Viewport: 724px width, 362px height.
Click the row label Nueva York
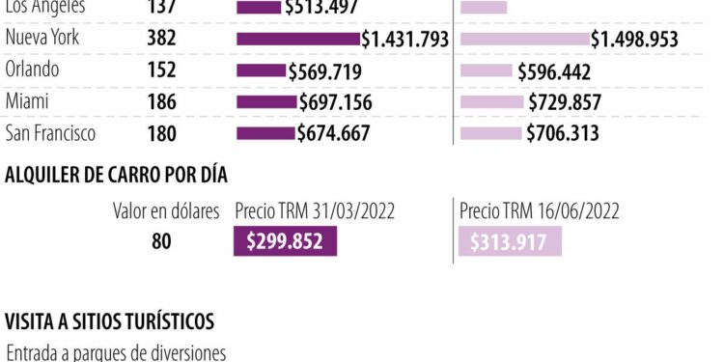42,39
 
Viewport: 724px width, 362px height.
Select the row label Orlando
32,70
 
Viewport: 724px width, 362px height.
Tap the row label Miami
27,101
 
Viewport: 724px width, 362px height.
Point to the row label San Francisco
50,133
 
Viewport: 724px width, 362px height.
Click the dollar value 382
161,40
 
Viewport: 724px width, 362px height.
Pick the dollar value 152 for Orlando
161,70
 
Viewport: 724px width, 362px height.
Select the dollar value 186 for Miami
161,102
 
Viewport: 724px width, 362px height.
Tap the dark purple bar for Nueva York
297,40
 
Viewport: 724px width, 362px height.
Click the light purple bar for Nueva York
524,40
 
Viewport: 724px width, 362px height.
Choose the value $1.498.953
634,40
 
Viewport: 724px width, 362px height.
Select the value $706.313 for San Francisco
563,134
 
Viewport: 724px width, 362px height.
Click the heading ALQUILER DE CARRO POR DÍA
116,175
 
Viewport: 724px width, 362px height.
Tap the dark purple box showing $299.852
285,241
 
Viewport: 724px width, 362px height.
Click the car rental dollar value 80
161,241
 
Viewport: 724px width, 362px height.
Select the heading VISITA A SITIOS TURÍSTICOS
109,320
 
